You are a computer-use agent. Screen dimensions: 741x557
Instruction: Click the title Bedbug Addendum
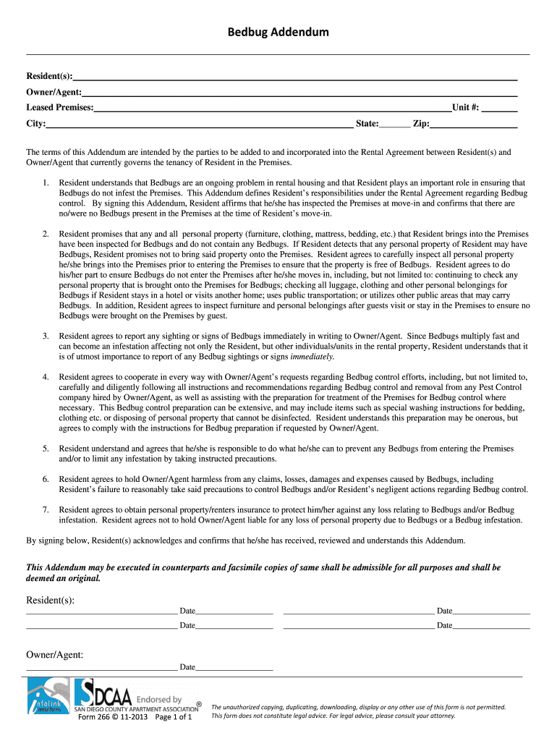(278, 32)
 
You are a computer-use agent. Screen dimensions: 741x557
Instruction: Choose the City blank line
(200, 124)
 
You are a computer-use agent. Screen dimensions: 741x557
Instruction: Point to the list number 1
(46, 184)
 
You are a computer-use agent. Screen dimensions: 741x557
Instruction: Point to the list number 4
(46, 377)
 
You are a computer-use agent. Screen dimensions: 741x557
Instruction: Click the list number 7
(46, 509)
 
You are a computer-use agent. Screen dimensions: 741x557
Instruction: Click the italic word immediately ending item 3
(312, 357)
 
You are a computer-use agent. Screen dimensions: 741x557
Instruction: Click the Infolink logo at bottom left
(48, 698)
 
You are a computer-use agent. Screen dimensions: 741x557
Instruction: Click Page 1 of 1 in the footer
(174, 717)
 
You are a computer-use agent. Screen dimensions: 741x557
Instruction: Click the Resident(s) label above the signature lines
(51, 600)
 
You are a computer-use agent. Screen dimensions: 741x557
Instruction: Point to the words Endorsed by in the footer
(159, 699)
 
